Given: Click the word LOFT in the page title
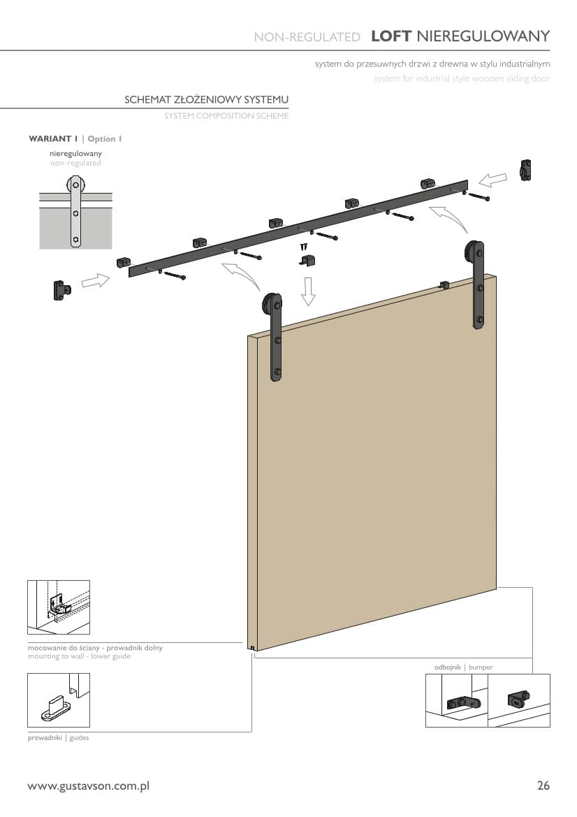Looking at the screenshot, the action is [x=391, y=36].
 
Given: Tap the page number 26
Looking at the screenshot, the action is [x=543, y=786].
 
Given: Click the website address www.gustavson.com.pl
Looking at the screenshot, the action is [x=89, y=786].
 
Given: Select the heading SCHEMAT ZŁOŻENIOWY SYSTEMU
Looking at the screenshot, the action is [x=206, y=99].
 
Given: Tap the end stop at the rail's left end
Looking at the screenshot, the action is [x=62, y=290].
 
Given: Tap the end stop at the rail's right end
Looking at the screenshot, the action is [x=525, y=171].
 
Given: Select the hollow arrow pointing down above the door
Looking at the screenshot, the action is [x=308, y=291].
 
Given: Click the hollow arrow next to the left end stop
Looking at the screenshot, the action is [x=96, y=281].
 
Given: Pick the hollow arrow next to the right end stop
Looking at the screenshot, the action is [x=492, y=180].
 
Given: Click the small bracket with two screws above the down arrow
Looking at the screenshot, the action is [x=308, y=260].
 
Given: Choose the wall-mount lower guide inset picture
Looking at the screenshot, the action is [x=58, y=607].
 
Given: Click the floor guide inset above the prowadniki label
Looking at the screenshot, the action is [x=58, y=700].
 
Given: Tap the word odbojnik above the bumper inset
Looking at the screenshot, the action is [x=448, y=667].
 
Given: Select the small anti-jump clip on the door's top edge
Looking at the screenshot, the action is [x=443, y=285].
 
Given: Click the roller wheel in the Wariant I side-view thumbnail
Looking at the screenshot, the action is [x=75, y=185].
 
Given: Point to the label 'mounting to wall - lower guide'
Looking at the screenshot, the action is [x=79, y=656].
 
